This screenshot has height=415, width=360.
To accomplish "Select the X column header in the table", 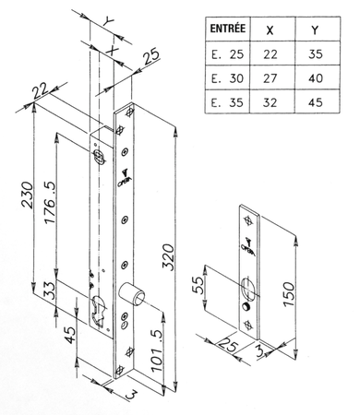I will point(269,30).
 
